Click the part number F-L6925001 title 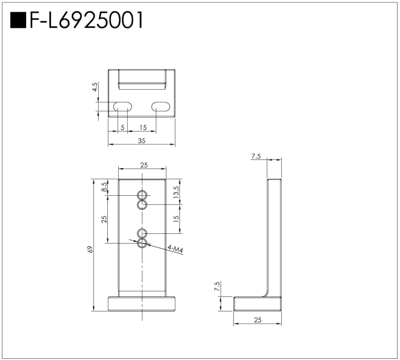[87, 20]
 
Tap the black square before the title [18, 20]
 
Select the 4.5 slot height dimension [95, 87]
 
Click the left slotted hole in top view [122, 107]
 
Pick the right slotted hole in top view [161, 107]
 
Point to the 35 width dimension [142, 141]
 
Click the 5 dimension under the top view [122, 127]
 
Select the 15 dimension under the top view [144, 127]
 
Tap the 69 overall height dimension [90, 249]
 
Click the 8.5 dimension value [104, 187]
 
